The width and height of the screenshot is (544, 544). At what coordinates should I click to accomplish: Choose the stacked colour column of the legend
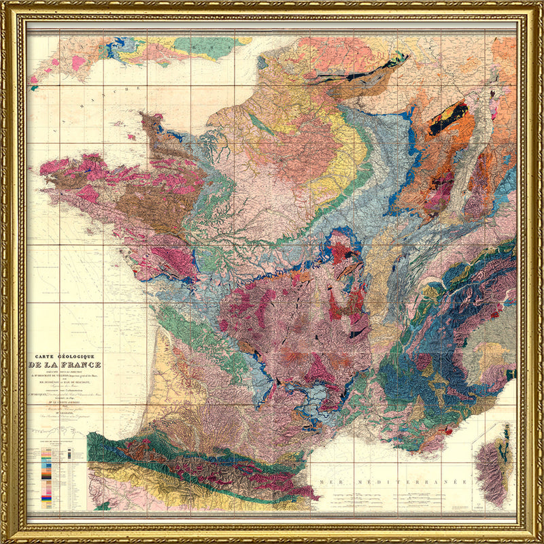pyautogui.click(x=46, y=476)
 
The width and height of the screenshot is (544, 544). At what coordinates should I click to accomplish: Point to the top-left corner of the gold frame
pyautogui.click(x=5, y=5)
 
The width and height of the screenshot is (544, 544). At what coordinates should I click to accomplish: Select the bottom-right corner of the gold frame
pyautogui.click(x=539, y=539)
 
